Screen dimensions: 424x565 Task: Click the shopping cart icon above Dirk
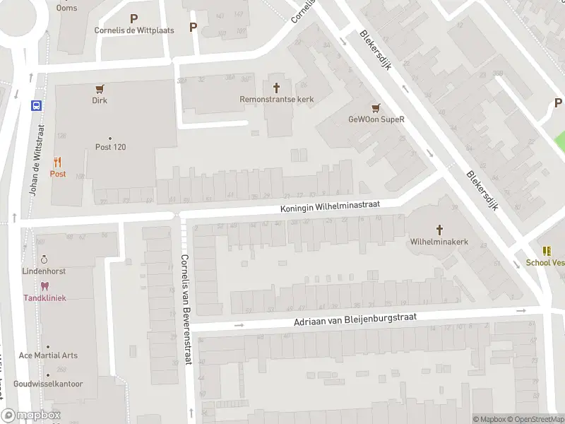pyautogui.click(x=100, y=89)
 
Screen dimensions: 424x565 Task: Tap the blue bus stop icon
pyautogui.click(x=36, y=105)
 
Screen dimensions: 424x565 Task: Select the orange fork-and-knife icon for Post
pyautogui.click(x=57, y=162)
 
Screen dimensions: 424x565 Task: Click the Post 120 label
pyautogui.click(x=110, y=147)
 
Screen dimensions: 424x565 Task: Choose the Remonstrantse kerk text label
pyautogui.click(x=276, y=100)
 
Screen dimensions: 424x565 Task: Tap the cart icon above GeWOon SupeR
pyautogui.click(x=376, y=108)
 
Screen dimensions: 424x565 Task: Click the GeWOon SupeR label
pyautogui.click(x=376, y=119)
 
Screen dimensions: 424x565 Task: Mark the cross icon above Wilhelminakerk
pyautogui.click(x=439, y=230)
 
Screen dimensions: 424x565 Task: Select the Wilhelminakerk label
pyautogui.click(x=439, y=242)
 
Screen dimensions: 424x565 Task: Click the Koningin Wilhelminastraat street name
pyautogui.click(x=330, y=206)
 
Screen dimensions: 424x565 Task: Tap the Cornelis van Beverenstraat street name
pyautogui.click(x=185, y=309)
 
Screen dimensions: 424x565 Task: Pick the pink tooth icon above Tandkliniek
pyautogui.click(x=44, y=286)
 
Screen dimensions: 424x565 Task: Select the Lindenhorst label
pyautogui.click(x=44, y=271)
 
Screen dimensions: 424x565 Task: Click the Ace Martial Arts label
pyautogui.click(x=48, y=355)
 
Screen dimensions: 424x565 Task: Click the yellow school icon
pyautogui.click(x=547, y=251)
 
